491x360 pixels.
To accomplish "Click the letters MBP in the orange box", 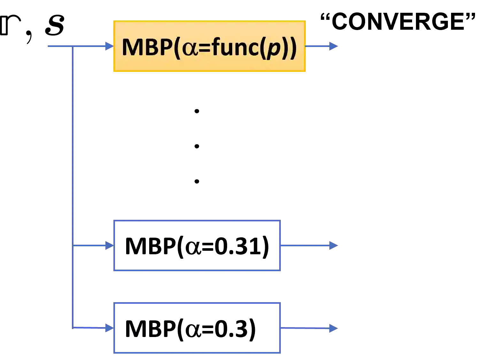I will point(147,47).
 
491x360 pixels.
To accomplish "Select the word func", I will point(235,47).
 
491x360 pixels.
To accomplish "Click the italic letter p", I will point(274,50).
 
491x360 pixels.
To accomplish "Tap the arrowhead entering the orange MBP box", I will point(109,46).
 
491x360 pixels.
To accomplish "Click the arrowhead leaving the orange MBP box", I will point(334,46).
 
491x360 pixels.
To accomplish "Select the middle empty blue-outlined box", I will point(197,246).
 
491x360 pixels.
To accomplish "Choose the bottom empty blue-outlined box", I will point(197,328).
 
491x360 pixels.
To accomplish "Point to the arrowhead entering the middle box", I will point(109,246).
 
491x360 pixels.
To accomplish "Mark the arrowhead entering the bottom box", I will point(109,328).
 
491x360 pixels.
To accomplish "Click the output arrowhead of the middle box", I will point(334,245).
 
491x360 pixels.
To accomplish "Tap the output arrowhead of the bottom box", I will point(333,328).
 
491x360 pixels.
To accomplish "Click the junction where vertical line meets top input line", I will point(73,46).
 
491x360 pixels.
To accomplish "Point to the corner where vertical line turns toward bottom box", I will point(73,327).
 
